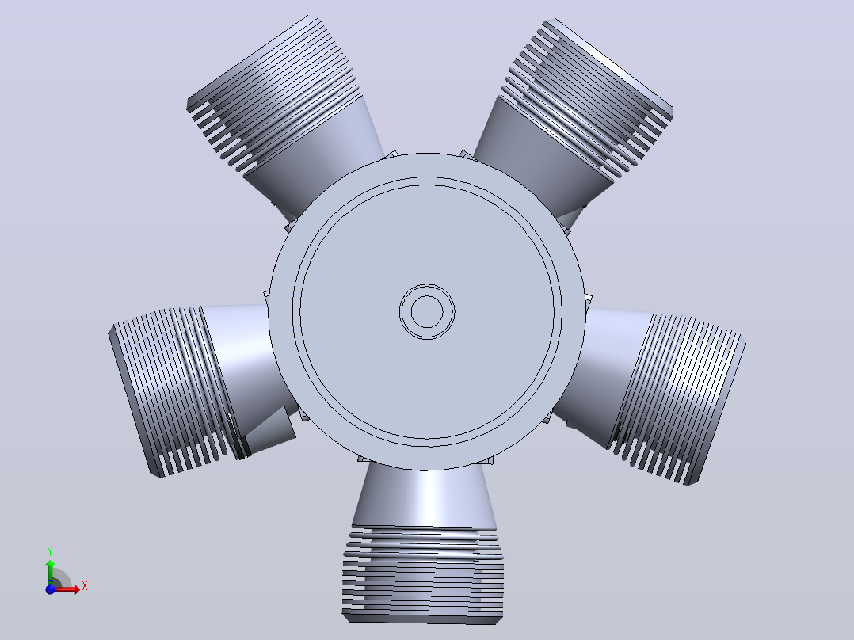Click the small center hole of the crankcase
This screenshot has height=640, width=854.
click(427, 312)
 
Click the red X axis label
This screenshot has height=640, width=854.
click(85, 586)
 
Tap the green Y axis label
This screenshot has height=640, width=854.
click(50, 551)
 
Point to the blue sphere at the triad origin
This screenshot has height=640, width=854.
click(50, 589)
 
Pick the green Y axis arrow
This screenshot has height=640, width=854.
click(50, 572)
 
